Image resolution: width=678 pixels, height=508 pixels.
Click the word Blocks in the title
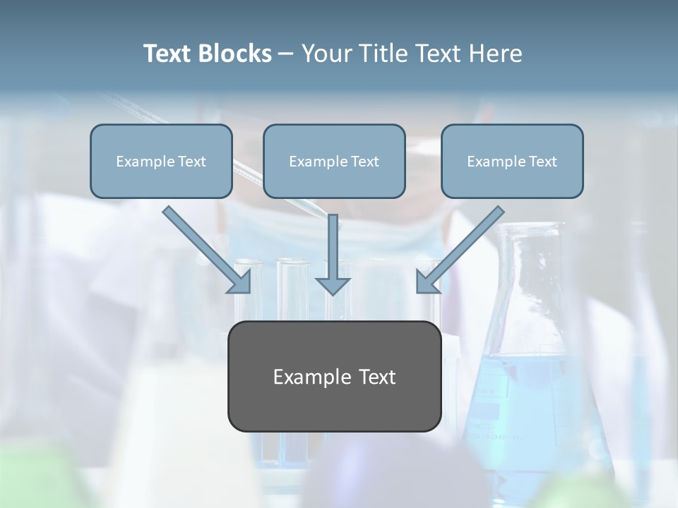point(235,54)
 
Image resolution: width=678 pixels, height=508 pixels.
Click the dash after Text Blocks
point(286,54)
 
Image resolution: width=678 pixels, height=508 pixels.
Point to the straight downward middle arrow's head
point(333,285)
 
